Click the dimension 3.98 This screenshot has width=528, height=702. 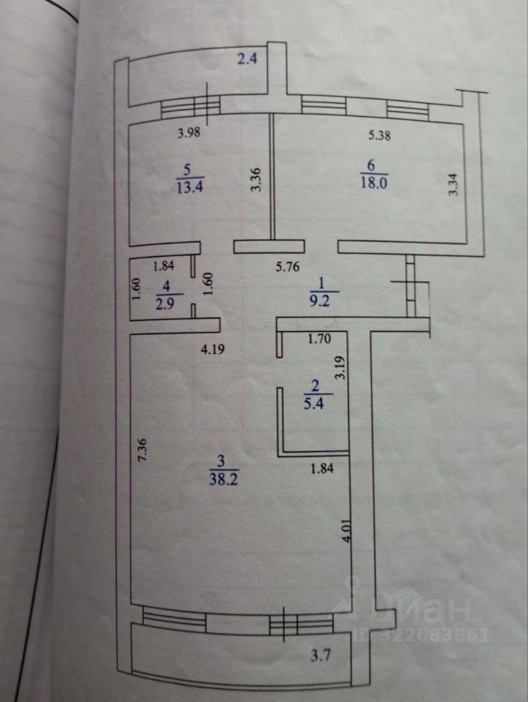190,133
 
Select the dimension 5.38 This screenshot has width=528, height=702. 380,134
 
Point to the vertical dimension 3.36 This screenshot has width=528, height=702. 256,180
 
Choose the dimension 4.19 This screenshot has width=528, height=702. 213,350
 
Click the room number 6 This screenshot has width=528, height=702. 372,165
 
